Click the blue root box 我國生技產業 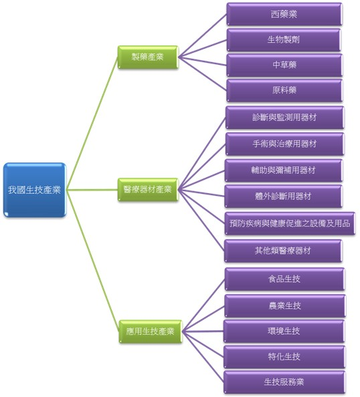tap(35, 190)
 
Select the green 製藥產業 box tap(148, 57)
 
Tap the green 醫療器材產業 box tap(148, 190)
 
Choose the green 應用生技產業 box tap(151, 330)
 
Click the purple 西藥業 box tap(284, 13)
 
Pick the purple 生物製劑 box tap(284, 39)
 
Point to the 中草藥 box tap(284, 65)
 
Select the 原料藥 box tap(284, 90)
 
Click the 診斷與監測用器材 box tap(284, 117)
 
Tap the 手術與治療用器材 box tap(284, 144)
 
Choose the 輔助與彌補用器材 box tap(284, 170)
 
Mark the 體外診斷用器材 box tap(284, 196)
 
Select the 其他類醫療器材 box tap(284, 251)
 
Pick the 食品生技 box tap(284, 279)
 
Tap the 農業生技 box tap(284, 305)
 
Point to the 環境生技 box tap(284, 331)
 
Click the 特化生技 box tap(284, 357)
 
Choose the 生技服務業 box tap(284, 382)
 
